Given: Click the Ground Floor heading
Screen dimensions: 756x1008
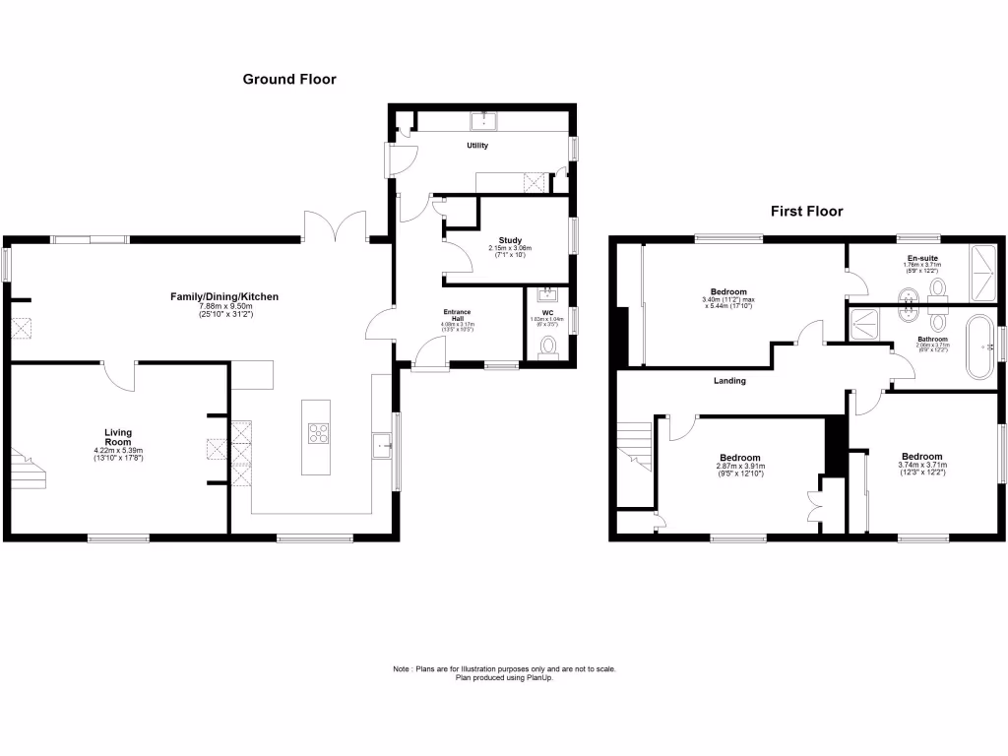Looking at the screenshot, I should point(289,79).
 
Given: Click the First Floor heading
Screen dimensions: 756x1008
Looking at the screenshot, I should point(806,211).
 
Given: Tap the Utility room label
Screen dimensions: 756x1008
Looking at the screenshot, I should point(477,146).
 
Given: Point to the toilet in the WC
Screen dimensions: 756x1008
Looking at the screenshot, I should point(548,346).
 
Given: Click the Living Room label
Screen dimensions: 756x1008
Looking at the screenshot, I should point(118,437).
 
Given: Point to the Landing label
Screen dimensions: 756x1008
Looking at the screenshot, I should point(729,381).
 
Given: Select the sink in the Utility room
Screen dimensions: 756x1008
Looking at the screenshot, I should point(484,121).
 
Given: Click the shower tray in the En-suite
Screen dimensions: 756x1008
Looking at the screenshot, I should point(984,273).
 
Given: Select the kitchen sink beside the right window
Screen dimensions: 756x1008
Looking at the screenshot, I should point(383,447).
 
